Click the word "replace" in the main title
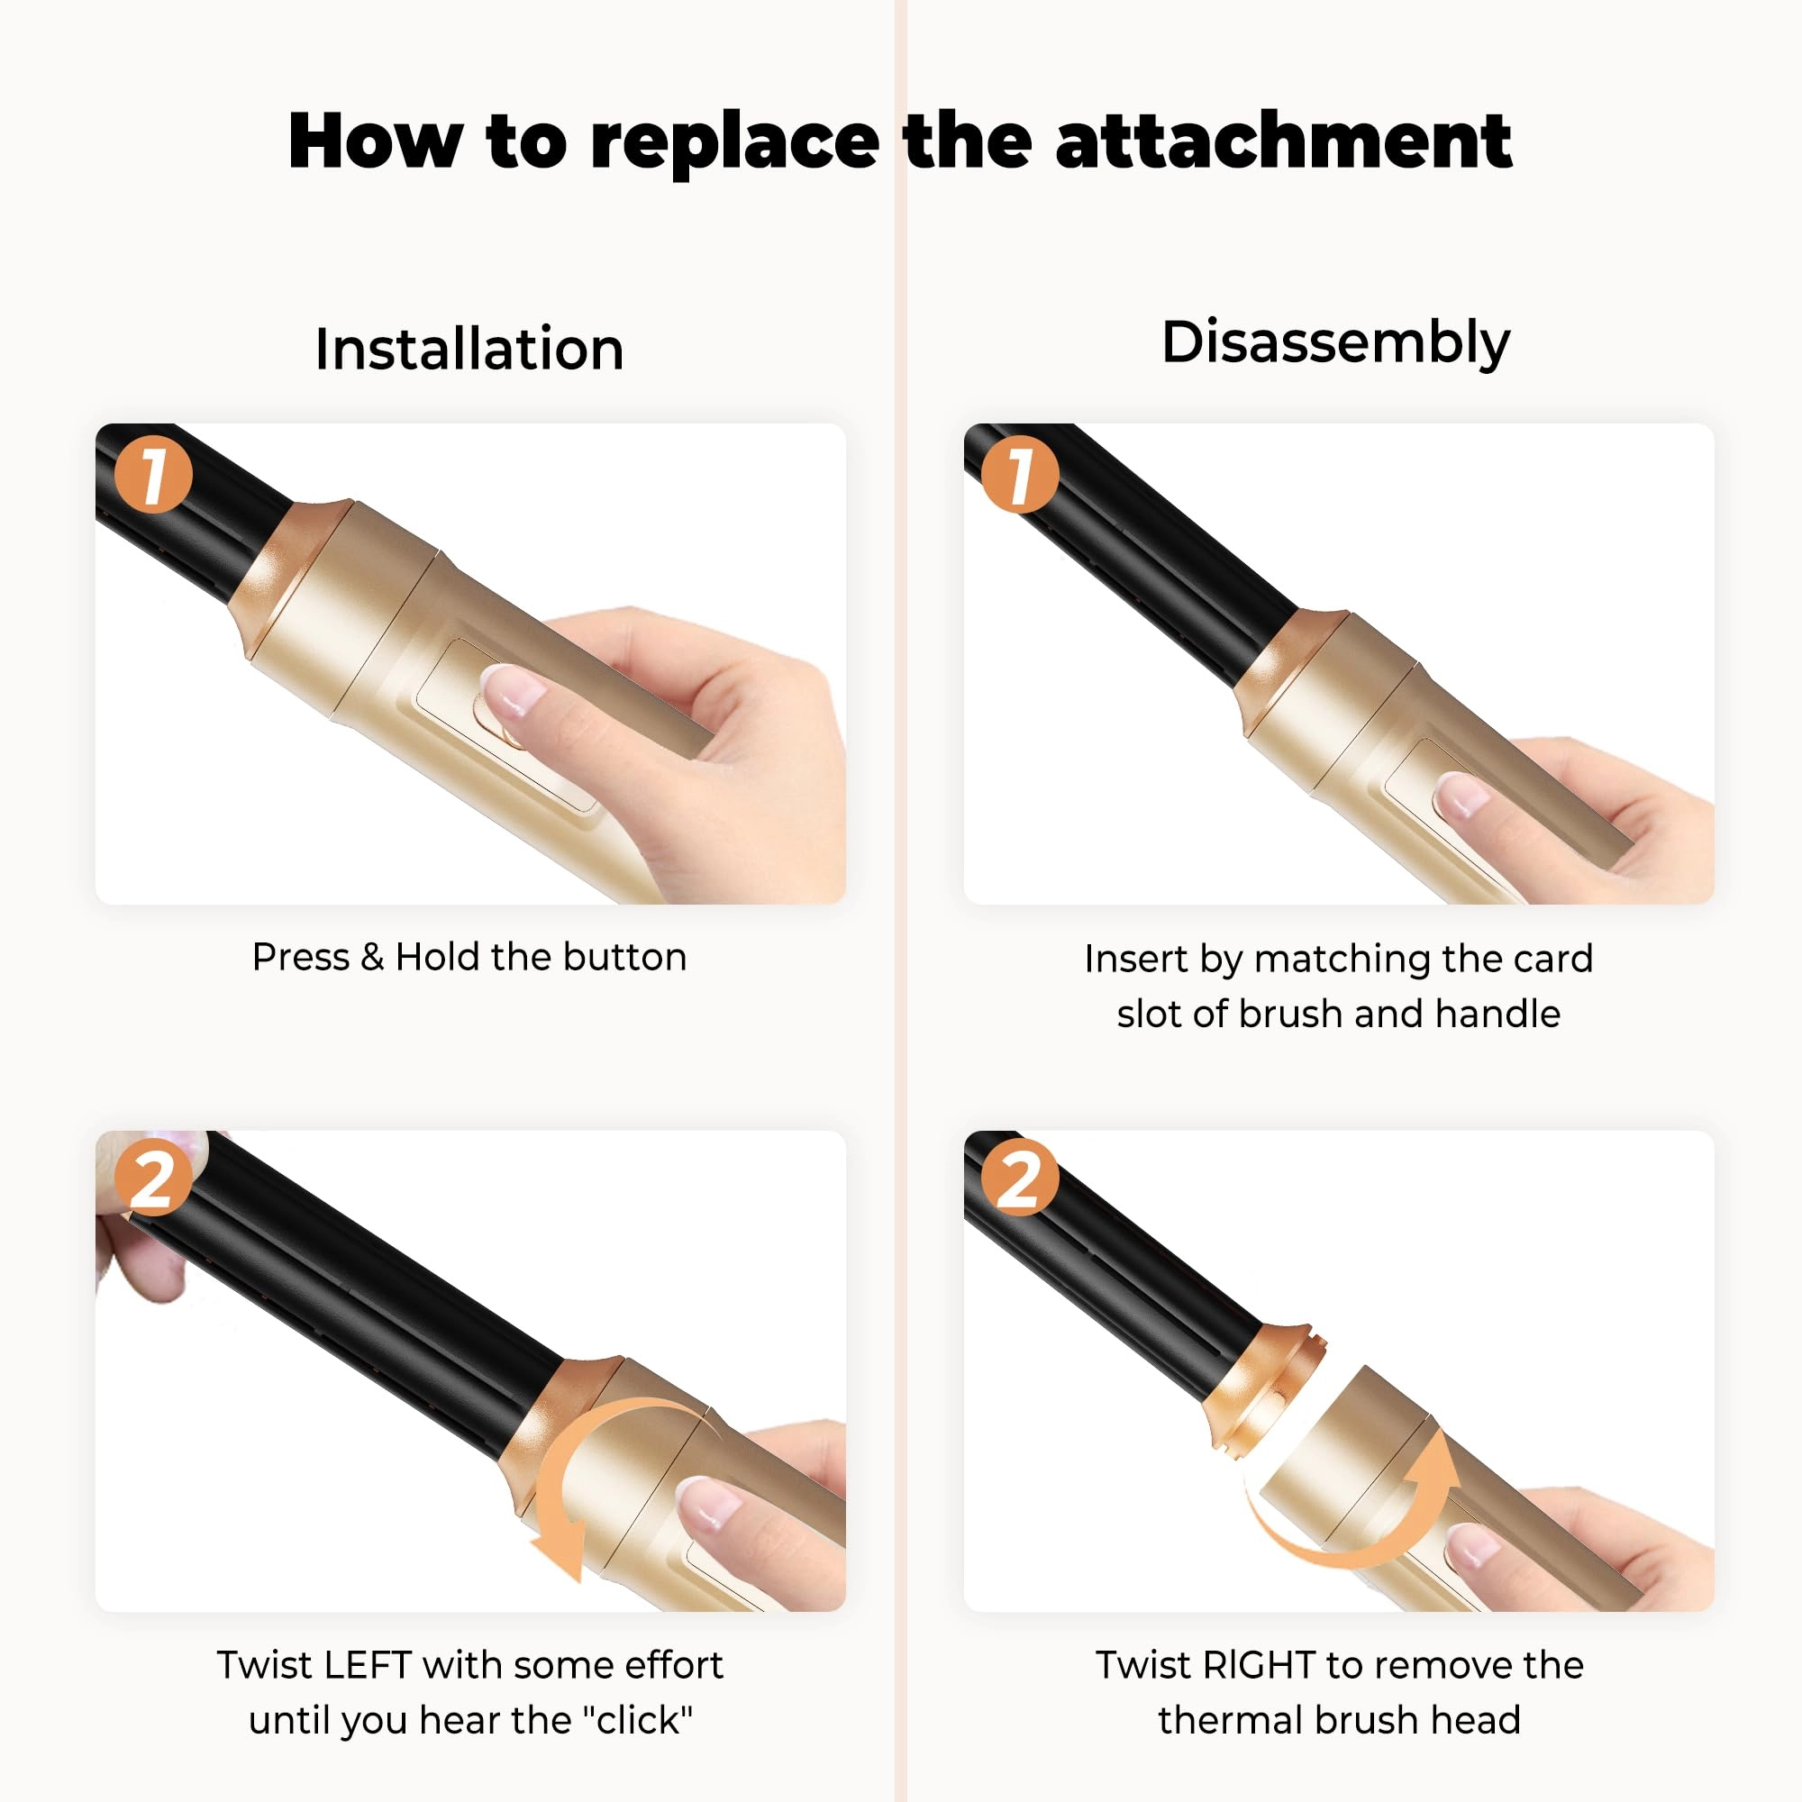click(x=735, y=142)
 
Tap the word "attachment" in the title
click(x=1283, y=141)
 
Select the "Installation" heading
click(x=469, y=349)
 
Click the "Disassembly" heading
click(x=1334, y=343)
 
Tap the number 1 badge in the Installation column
click(x=153, y=474)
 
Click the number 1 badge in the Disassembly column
click(x=1021, y=474)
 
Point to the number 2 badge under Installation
click(x=153, y=1176)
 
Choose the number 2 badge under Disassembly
click(x=1021, y=1176)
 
